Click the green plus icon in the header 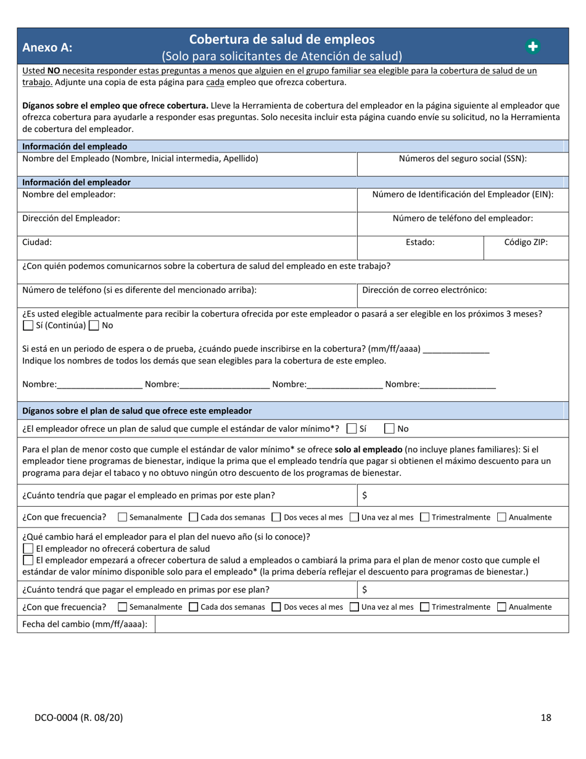click(532, 46)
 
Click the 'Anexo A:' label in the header click(47, 48)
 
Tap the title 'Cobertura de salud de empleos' click(281, 39)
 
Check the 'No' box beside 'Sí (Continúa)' click(94, 325)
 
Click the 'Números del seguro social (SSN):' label click(463, 159)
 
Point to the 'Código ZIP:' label click(526, 243)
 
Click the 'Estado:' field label click(420, 243)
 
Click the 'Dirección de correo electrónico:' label click(424, 289)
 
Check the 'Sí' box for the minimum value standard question click(352, 428)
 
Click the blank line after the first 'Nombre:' click(100, 385)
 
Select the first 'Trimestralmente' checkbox click(424, 517)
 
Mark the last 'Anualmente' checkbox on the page click(501, 607)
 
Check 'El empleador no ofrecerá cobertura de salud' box click(28, 549)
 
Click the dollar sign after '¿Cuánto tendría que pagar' click(365, 496)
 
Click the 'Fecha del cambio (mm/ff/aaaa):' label click(85, 624)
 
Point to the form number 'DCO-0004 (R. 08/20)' click(78, 717)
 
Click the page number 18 click(545, 717)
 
